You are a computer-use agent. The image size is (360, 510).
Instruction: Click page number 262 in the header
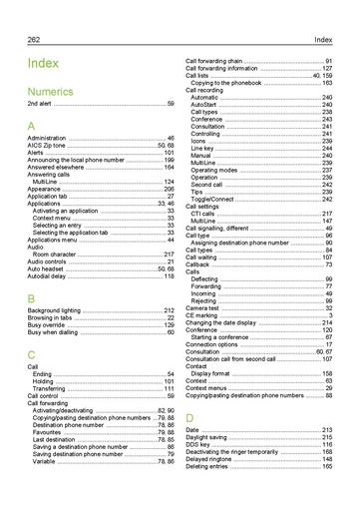pos(34,38)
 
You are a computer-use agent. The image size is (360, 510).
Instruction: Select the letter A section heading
pos(32,127)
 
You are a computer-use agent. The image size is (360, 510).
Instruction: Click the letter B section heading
pos(32,298)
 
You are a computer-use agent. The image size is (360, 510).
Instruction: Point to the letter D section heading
pos(189,416)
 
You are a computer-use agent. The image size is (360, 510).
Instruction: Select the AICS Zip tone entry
pos(50,144)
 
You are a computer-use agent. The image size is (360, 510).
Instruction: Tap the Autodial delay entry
pos(49,275)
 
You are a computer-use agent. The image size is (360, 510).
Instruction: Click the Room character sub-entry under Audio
pos(59,255)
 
